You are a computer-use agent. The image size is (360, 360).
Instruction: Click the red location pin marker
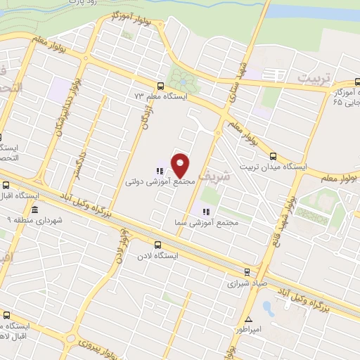[181, 166]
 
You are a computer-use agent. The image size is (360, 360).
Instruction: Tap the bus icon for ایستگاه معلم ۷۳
[161, 85]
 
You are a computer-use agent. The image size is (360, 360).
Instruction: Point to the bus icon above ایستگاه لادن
[157, 245]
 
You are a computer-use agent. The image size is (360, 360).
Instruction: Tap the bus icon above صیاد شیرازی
[246, 271]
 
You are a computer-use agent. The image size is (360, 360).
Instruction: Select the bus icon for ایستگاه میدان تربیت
[274, 157]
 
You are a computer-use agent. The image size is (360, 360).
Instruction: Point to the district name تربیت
[315, 77]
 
